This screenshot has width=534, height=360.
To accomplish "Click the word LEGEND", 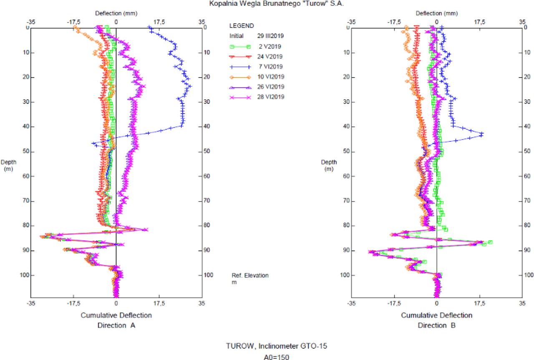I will [242, 26].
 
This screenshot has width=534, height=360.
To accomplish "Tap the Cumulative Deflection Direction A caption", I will [116, 320].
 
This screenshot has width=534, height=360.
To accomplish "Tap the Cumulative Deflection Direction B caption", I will [436, 320].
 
